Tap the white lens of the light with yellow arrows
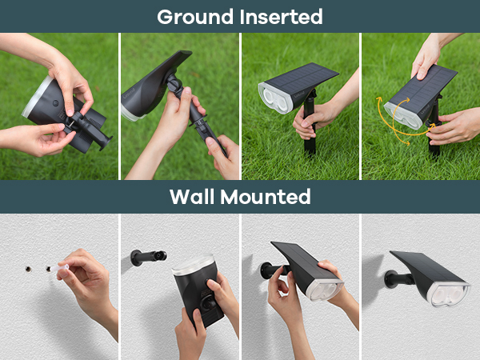coord(404,114)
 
